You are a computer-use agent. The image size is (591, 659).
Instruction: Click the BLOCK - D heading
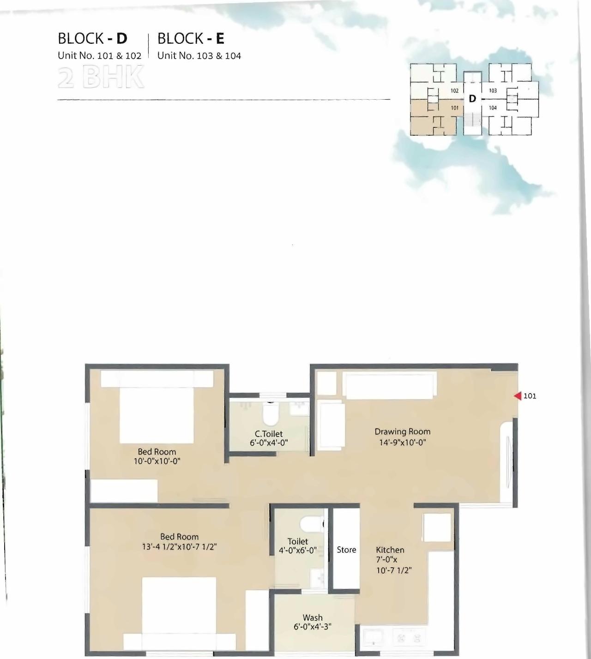92,38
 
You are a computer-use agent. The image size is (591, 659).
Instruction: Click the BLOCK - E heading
191,38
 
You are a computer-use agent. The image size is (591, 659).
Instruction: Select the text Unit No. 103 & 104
199,56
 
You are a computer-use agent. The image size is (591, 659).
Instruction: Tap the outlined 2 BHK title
101,78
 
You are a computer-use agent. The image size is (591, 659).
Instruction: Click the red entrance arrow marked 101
518,396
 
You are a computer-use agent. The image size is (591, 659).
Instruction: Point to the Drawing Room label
402,431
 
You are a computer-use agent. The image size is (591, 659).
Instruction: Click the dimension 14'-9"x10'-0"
402,442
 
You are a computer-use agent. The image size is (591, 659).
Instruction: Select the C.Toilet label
268,434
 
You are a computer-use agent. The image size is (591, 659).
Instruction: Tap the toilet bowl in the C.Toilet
270,414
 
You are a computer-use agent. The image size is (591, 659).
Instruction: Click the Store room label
346,550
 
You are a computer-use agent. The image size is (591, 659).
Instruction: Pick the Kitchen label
390,550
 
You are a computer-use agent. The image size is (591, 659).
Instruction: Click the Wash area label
313,617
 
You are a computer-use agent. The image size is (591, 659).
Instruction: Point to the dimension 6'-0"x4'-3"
313,627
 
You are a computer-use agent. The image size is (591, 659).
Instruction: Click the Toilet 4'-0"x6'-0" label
298,546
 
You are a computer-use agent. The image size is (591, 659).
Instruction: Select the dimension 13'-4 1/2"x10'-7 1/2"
179,547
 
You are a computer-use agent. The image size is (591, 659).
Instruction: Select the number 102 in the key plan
454,91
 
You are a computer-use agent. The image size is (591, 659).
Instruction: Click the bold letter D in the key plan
472,99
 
